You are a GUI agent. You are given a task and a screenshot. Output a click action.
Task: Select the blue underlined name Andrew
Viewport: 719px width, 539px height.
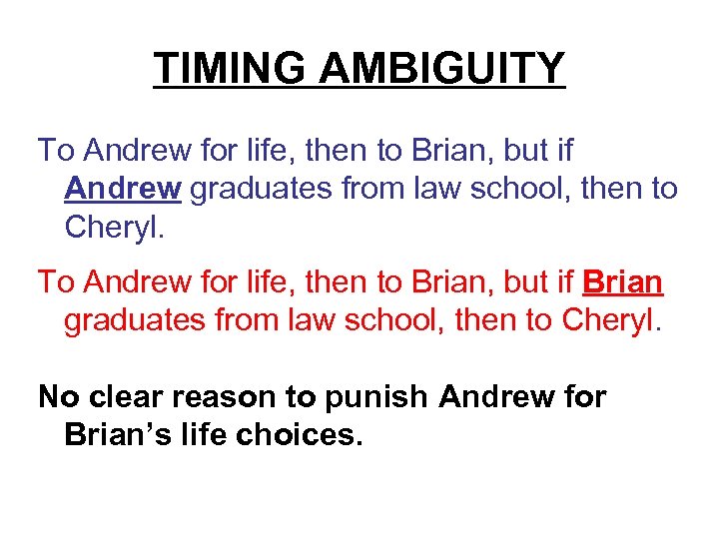122,188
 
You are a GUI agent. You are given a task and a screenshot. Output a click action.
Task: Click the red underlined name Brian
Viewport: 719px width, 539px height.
622,282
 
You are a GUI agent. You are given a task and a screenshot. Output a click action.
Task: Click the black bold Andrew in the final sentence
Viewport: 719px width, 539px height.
496,396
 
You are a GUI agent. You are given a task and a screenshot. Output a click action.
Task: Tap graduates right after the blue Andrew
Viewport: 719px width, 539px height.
252,188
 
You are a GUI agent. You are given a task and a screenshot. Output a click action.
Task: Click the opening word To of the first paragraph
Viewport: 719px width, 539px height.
56,150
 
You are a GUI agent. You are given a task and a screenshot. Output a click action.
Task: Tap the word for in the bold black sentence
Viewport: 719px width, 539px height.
584,396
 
